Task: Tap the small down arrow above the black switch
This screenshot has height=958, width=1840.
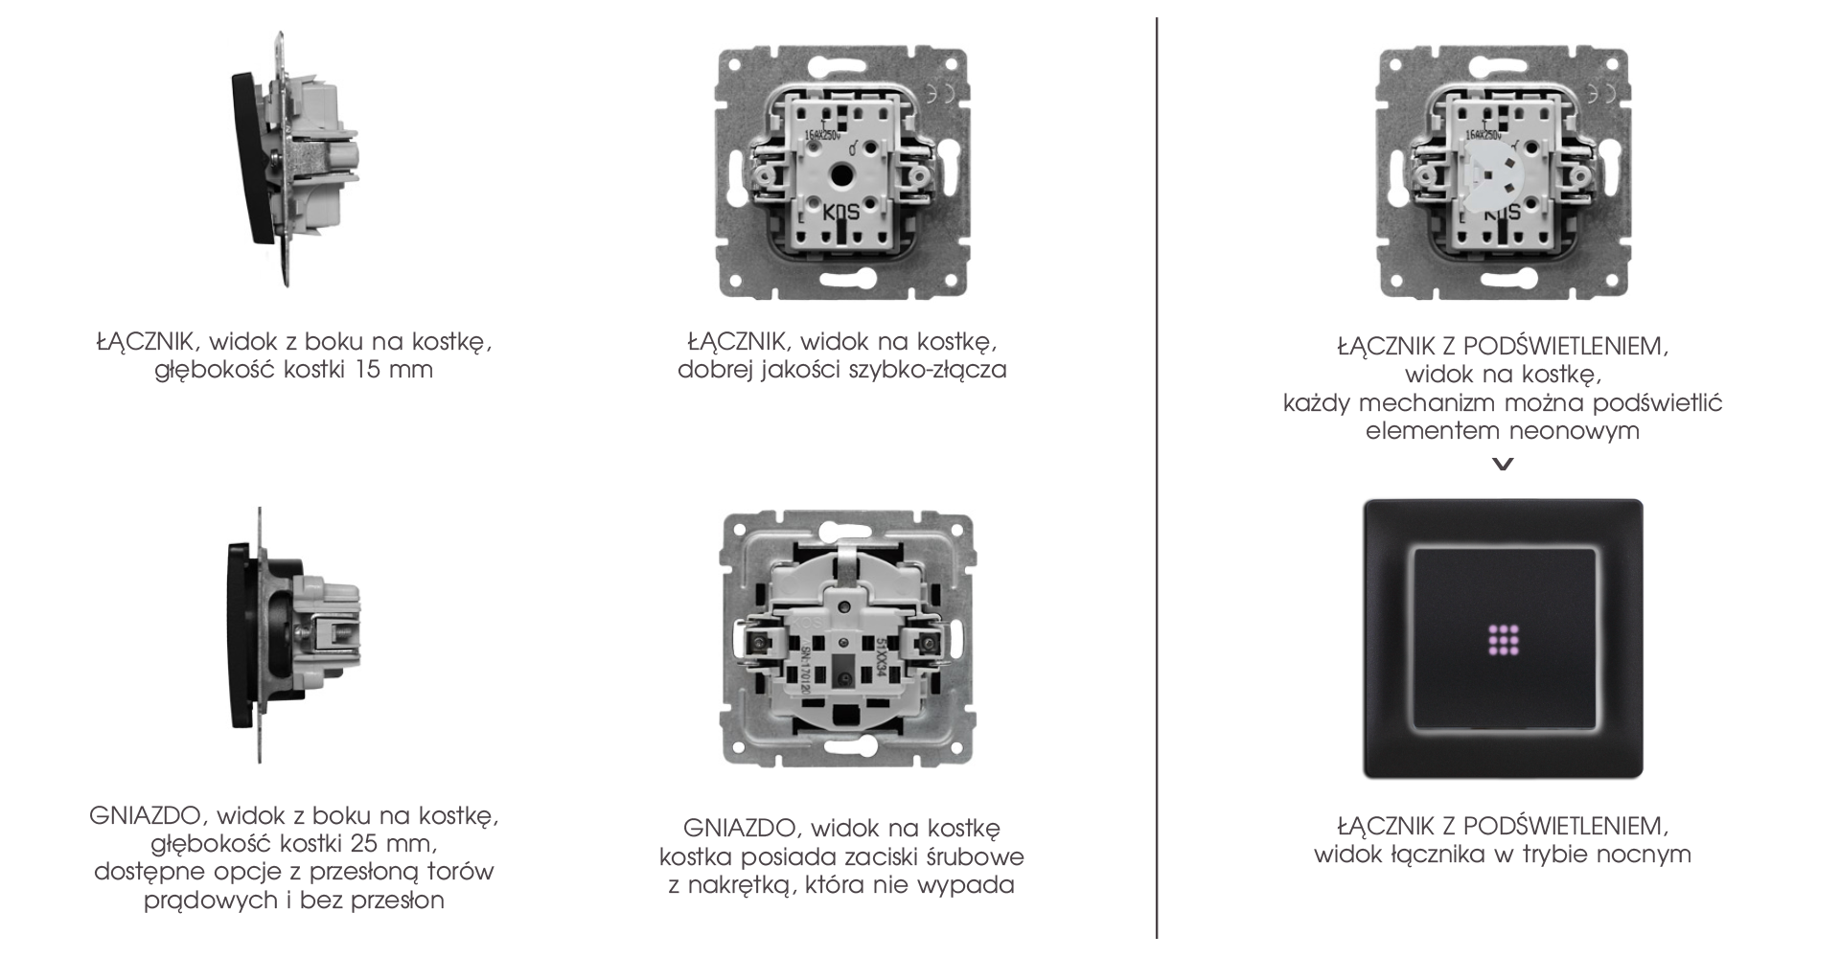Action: point(1504,465)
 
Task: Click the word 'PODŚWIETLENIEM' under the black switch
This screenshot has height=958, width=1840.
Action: point(1565,825)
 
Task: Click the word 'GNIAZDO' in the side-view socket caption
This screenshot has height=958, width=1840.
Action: point(147,816)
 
